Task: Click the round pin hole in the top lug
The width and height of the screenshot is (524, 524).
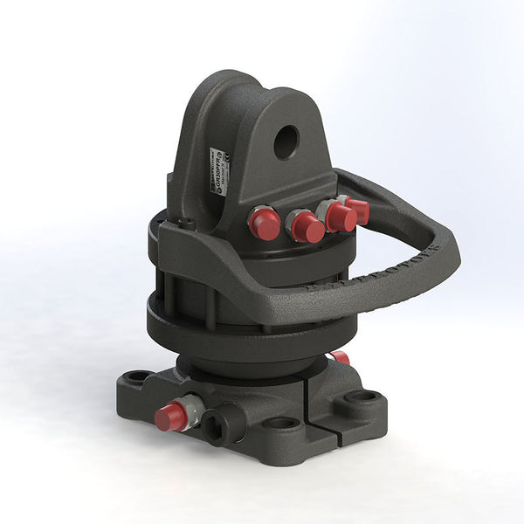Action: pos(286,142)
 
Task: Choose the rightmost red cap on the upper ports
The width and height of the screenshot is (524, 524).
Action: pos(357,210)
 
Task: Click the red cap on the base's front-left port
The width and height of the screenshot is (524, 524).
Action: pos(170,417)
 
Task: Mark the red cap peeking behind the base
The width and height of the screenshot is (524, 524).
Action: pos(340,357)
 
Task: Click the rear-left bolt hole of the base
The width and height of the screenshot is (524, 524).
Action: pos(138,377)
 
